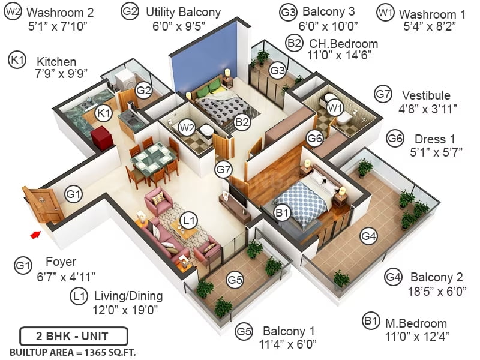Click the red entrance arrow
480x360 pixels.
tap(35, 235)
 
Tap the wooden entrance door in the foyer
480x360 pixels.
tap(43, 204)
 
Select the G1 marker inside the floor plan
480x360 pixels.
tap(73, 194)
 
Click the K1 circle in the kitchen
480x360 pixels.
tap(103, 113)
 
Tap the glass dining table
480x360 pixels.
tap(154, 158)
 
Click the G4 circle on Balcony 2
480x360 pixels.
tap(368, 236)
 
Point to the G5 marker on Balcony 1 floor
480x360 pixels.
tap(235, 280)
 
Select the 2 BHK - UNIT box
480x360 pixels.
tap(73, 336)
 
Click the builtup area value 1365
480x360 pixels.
tap(95, 353)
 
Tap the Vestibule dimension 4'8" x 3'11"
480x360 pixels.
tap(428, 109)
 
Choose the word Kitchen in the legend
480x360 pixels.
tap(56, 62)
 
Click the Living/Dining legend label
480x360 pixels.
tap(128, 296)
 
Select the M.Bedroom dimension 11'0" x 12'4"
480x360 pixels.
tap(417, 337)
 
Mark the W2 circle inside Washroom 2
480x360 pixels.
tap(187, 127)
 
